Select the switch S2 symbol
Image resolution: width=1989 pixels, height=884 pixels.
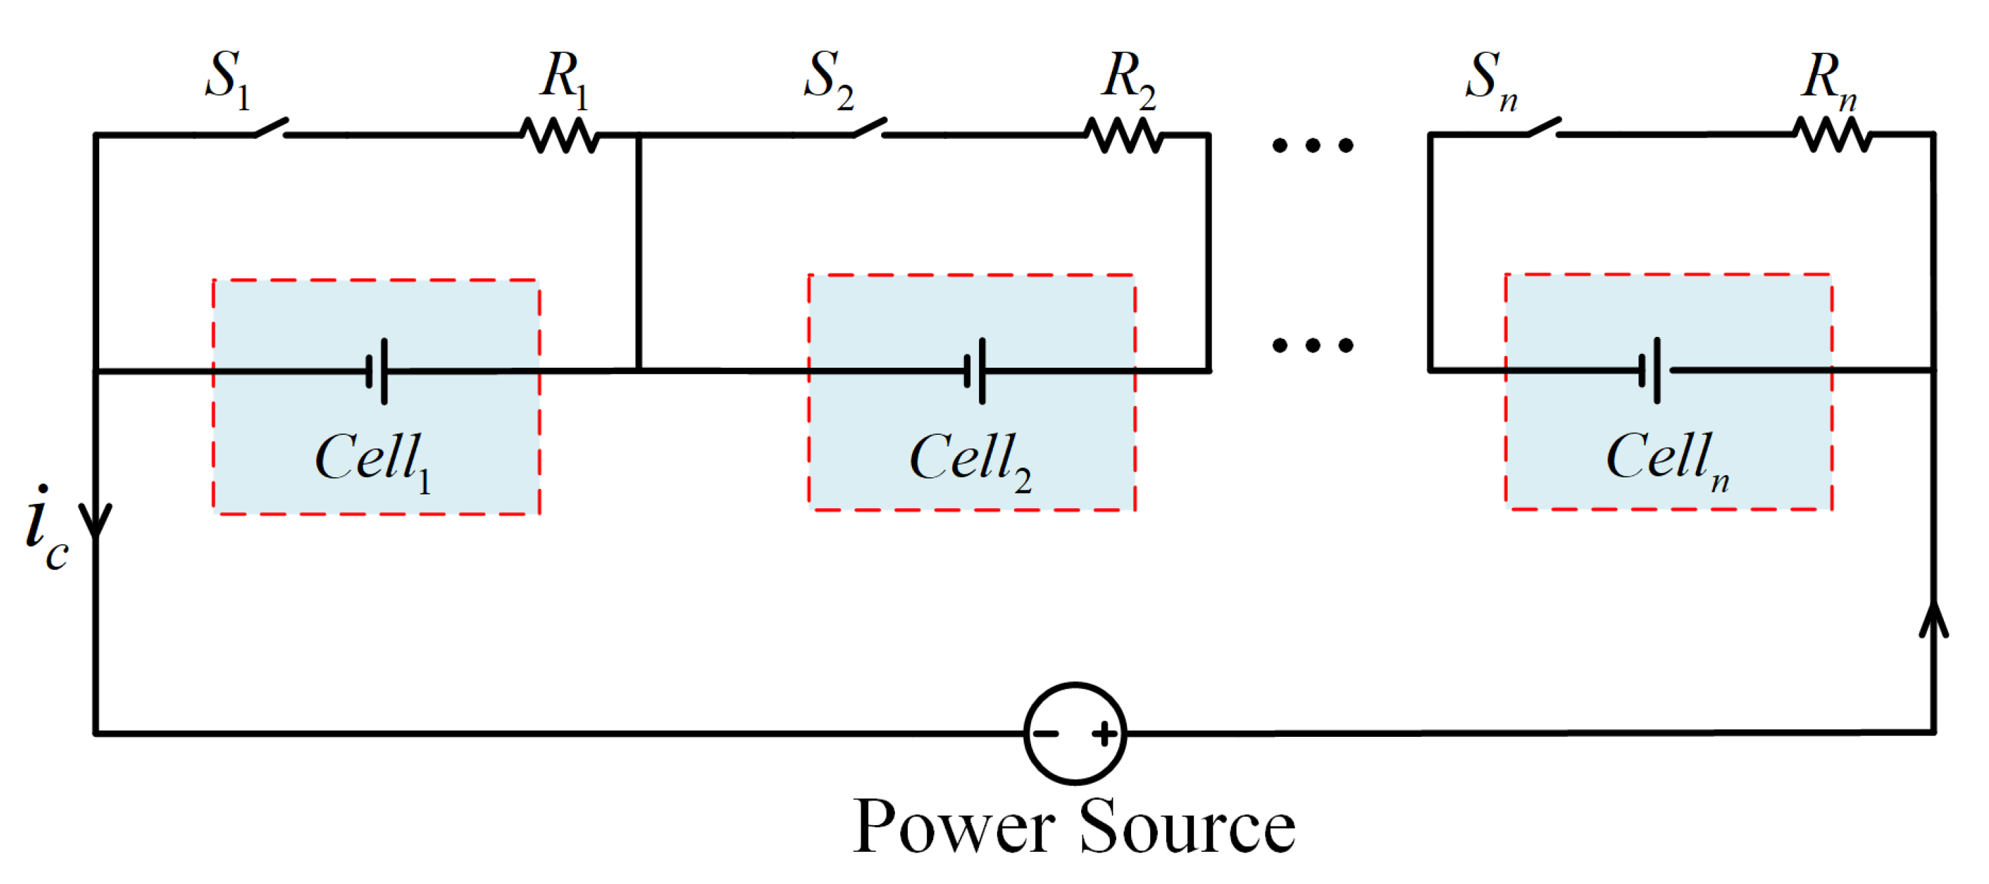pos(870,128)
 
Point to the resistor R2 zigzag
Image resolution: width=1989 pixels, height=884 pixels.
pos(1124,135)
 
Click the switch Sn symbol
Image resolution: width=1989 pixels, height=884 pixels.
pos(1543,128)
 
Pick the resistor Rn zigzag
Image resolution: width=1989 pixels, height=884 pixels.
pos(1832,135)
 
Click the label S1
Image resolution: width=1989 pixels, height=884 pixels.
pos(228,79)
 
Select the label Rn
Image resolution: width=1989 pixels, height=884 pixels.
pos(1828,80)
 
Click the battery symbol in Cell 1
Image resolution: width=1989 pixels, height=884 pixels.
pos(377,371)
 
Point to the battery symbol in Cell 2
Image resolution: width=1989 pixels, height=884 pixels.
pos(975,371)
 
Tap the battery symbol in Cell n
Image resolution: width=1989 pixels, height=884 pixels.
pos(1650,371)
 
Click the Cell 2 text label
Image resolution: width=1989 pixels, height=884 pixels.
pos(970,460)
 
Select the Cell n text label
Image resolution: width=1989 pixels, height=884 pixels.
pos(1667,460)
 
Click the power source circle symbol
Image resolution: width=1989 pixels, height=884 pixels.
pos(1076,733)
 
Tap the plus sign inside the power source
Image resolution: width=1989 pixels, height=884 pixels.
pos(1105,733)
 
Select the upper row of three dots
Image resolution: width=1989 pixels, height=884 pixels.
pos(1313,145)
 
